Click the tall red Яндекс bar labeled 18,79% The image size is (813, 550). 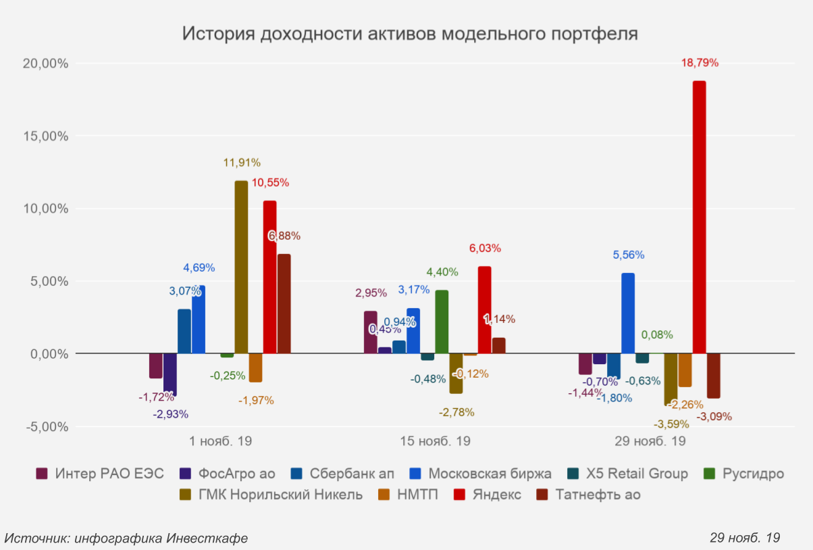tap(699, 216)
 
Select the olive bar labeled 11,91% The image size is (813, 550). tap(241, 267)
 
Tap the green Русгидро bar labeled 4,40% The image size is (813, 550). tap(442, 322)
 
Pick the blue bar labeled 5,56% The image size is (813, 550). tap(628, 313)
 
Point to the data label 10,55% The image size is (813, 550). tap(270, 182)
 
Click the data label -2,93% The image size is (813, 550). tap(171, 414)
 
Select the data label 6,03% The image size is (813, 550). tap(485, 249)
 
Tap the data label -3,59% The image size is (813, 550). tap(671, 424)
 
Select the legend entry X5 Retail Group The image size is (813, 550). tap(637, 474)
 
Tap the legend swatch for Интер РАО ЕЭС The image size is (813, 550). tap(42, 474)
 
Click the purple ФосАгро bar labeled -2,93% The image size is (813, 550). tap(170, 374)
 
